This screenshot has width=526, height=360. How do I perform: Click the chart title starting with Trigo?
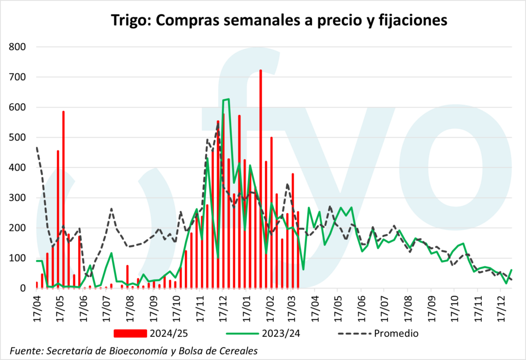pos(279,20)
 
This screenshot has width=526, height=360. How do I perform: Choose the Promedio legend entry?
pos(396,333)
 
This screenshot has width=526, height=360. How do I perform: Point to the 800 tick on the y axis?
pos(17,47)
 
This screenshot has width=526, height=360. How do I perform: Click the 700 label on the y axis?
pos(17,78)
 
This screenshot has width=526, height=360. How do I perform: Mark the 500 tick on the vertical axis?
pos(17,138)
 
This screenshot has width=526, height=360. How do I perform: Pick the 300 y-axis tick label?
pos(17,198)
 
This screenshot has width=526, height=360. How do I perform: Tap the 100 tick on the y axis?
pos(17,258)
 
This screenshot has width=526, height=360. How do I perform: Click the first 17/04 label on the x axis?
pos(37,307)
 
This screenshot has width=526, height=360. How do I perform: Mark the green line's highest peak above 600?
pos(228,99)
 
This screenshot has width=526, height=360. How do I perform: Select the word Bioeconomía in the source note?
pos(139,351)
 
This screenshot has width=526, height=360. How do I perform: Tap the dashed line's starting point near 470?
pos(37,147)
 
